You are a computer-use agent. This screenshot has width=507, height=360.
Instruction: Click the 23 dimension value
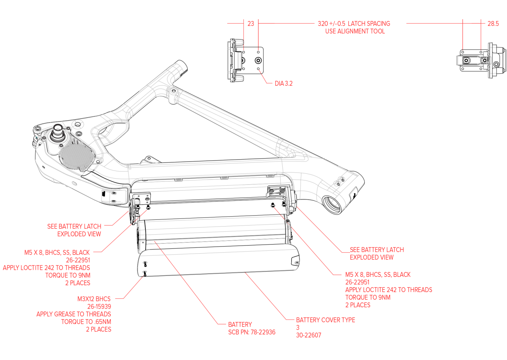(250, 24)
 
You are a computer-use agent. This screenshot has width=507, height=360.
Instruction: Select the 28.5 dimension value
(493, 24)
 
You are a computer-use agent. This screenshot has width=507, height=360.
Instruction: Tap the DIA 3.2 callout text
(283, 83)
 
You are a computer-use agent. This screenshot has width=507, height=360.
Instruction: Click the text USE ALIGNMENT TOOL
(355, 31)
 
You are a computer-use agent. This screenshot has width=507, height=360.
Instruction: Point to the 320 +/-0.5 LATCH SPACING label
(354, 24)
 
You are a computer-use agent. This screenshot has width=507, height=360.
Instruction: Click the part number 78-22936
(263, 332)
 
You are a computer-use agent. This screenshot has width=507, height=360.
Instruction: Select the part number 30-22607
(308, 335)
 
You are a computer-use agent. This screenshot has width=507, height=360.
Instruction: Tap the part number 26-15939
(99, 306)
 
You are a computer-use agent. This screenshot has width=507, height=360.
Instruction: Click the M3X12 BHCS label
(94, 299)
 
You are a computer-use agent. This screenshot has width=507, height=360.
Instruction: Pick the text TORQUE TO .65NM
(86, 322)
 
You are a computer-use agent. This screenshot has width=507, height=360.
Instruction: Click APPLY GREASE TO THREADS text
(74, 314)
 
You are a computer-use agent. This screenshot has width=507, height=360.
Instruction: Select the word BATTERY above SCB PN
(240, 324)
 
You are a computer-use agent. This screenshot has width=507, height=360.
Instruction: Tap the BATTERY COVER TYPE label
(325, 320)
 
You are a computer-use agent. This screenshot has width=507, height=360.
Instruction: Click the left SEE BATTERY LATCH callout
(74, 226)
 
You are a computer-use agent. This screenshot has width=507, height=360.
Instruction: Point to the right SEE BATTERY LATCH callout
(377, 250)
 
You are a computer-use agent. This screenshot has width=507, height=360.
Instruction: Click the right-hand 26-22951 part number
(357, 282)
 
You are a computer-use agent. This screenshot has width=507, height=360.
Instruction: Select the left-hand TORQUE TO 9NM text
(68, 275)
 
